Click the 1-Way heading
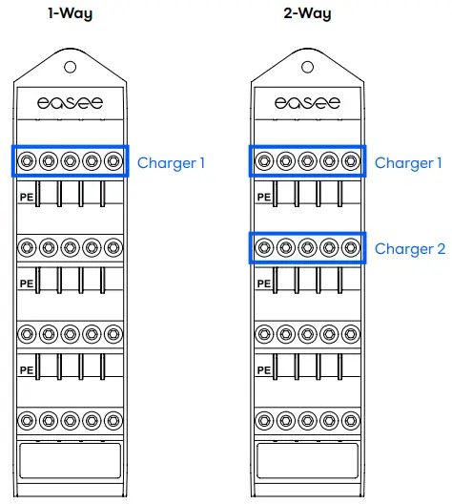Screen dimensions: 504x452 70,14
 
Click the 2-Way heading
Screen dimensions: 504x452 307,14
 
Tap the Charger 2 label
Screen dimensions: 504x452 409,249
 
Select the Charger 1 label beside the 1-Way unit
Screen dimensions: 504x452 171,163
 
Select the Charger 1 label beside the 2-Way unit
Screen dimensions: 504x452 409,163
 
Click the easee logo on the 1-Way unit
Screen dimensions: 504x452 70,102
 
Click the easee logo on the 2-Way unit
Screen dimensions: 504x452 307,102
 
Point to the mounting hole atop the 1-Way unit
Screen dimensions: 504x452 70,68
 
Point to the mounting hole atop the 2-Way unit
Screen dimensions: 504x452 307,68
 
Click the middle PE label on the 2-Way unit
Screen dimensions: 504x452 264,283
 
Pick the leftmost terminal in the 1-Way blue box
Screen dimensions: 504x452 27,161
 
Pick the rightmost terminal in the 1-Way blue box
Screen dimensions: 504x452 113,161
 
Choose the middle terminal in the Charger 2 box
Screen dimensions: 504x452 307,248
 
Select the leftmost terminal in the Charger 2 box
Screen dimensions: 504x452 264,248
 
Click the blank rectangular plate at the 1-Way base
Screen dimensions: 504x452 70,463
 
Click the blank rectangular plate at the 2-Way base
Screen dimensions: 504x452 307,463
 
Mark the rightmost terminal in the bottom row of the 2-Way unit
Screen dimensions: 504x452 351,421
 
